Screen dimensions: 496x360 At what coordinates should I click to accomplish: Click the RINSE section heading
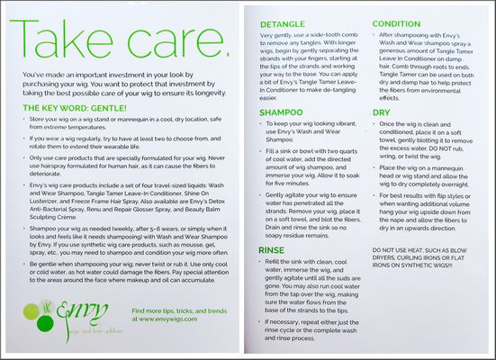pos(271,248)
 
